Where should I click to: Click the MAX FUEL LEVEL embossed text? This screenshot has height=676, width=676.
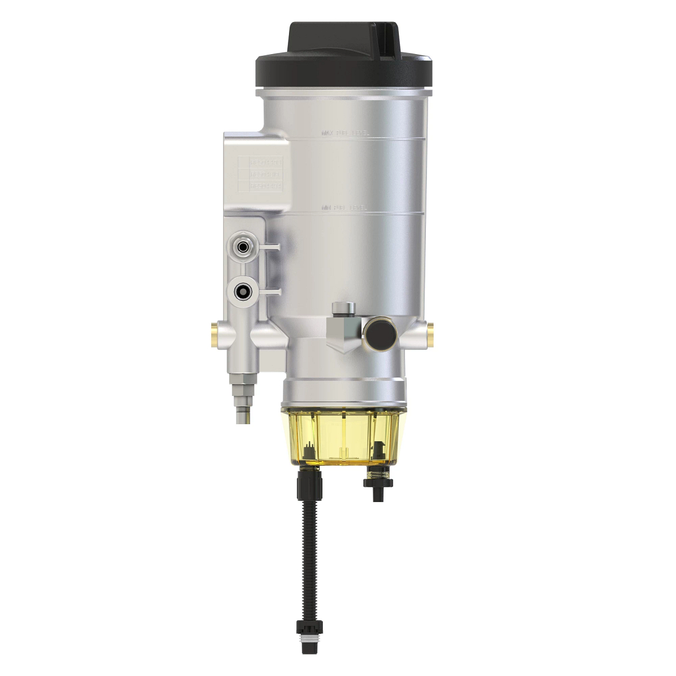pyautogui.click(x=345, y=134)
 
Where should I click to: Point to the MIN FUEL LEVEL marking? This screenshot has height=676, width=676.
pyautogui.click(x=344, y=208)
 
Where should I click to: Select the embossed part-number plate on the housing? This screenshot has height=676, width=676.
pyautogui.click(x=265, y=174)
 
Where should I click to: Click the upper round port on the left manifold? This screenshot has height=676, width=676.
pyautogui.click(x=243, y=246)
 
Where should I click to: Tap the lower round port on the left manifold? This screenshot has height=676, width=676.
pyautogui.click(x=243, y=291)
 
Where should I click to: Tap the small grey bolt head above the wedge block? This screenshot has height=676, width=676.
pyautogui.click(x=343, y=307)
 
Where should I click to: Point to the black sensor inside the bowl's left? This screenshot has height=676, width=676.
pyautogui.click(x=308, y=451)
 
